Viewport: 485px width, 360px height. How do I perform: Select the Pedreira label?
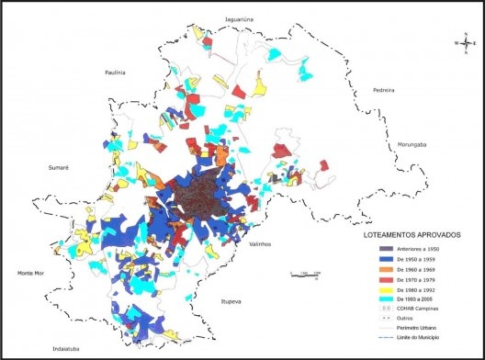click(x=382, y=90)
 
